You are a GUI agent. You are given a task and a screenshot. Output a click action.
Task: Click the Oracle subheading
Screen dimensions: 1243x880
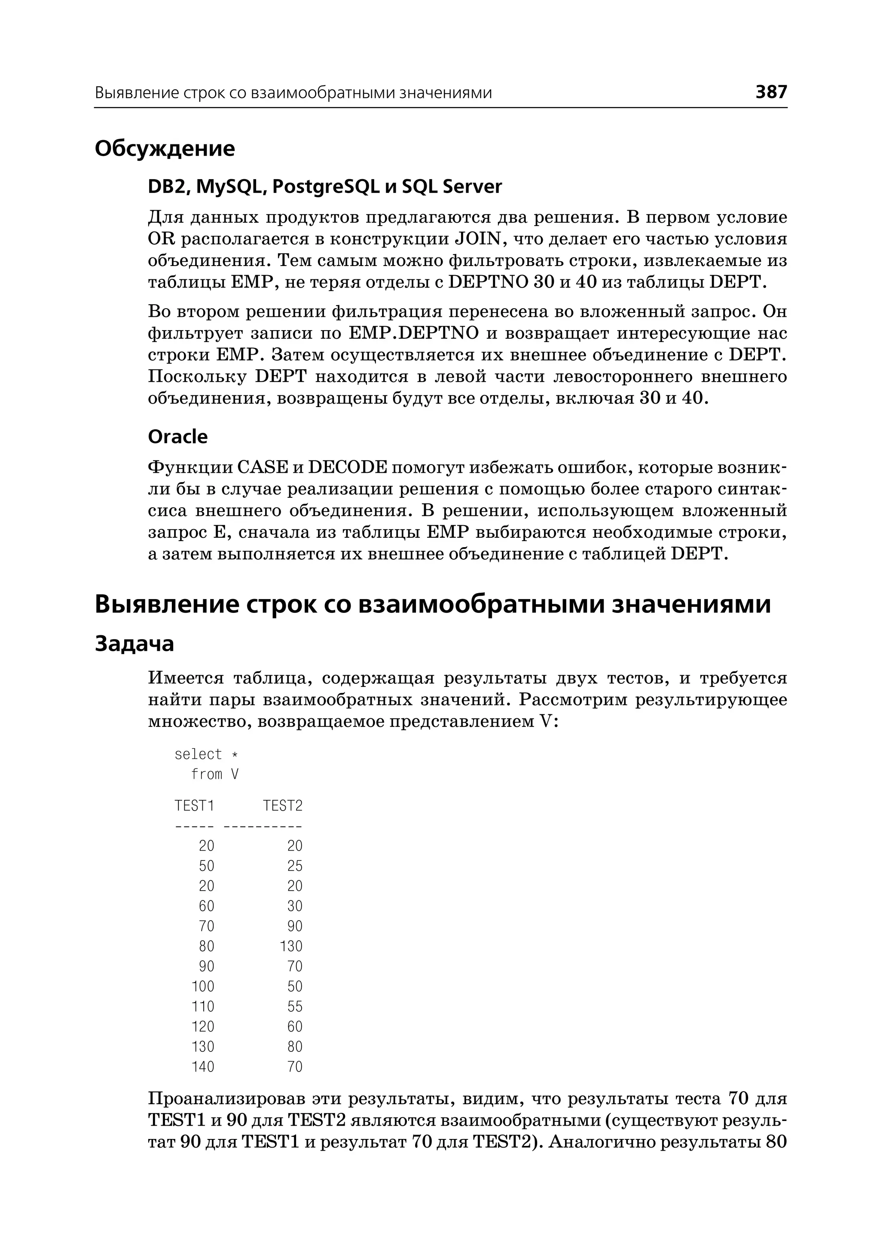[x=178, y=436]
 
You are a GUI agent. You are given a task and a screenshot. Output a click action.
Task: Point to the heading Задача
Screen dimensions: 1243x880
[x=134, y=643]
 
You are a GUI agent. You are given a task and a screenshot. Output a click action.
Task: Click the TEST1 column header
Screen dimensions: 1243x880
[x=195, y=805]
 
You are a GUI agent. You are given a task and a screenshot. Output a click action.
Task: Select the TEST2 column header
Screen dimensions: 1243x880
[x=283, y=805]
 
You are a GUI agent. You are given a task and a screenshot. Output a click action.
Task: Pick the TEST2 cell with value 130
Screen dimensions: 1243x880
[x=291, y=946]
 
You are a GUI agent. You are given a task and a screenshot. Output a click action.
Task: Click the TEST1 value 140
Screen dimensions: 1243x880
[x=203, y=1066]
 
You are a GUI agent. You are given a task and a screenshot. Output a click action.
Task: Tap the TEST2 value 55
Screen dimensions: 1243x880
[x=295, y=1006]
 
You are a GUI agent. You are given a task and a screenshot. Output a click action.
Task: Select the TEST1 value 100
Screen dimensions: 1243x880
[x=203, y=986]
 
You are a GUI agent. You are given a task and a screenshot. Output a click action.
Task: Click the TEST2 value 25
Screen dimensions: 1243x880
[x=295, y=866]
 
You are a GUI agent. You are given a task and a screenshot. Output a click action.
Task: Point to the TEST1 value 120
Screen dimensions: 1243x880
[x=203, y=1026]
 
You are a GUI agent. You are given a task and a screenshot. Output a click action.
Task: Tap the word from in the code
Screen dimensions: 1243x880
[x=206, y=774]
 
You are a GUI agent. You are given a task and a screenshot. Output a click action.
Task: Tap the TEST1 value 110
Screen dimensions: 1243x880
[x=203, y=1006]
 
